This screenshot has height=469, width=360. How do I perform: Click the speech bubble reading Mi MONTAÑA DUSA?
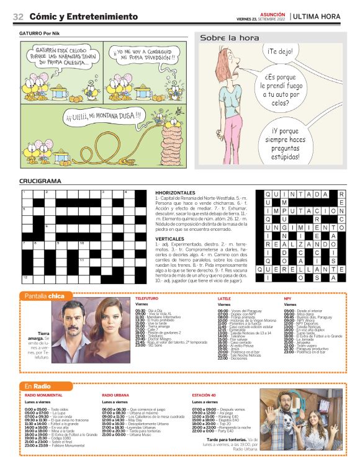pos(103,115)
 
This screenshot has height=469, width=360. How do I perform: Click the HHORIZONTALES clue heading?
pos(176,193)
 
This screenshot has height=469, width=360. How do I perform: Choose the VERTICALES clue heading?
pos(169,238)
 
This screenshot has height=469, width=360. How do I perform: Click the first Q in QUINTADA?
pos(270,194)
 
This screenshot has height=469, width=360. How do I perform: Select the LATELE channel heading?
pos(224,298)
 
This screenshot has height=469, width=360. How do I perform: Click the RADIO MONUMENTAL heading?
pos(43,395)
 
